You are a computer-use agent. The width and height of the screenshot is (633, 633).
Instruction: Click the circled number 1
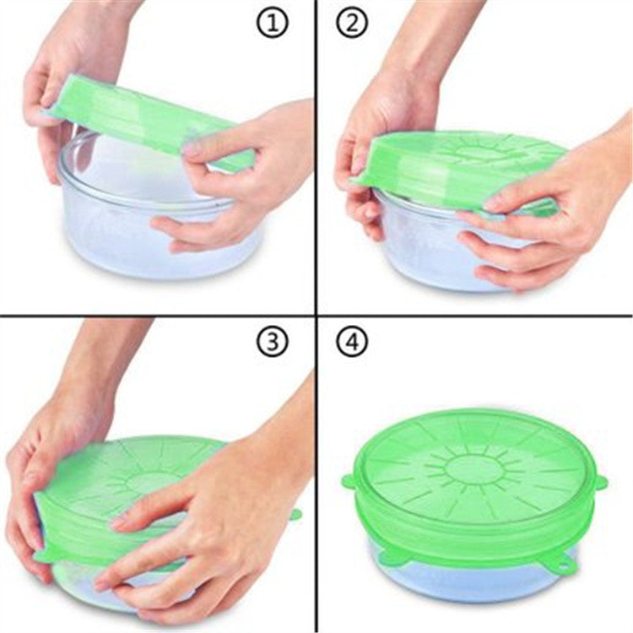click(x=273, y=24)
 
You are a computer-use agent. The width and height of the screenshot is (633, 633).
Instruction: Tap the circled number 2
click(x=352, y=24)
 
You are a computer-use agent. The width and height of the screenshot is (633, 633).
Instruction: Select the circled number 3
click(x=273, y=342)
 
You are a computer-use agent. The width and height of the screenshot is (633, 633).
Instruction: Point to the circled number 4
click(x=352, y=342)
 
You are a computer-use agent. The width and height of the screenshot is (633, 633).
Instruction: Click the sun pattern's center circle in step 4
click(x=468, y=468)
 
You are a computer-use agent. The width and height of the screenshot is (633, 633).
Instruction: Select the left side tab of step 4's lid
click(x=348, y=481)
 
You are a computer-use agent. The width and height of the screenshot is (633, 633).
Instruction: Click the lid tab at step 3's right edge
click(x=297, y=515)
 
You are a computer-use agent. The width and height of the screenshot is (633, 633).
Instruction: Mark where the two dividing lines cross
click(x=316, y=315)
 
